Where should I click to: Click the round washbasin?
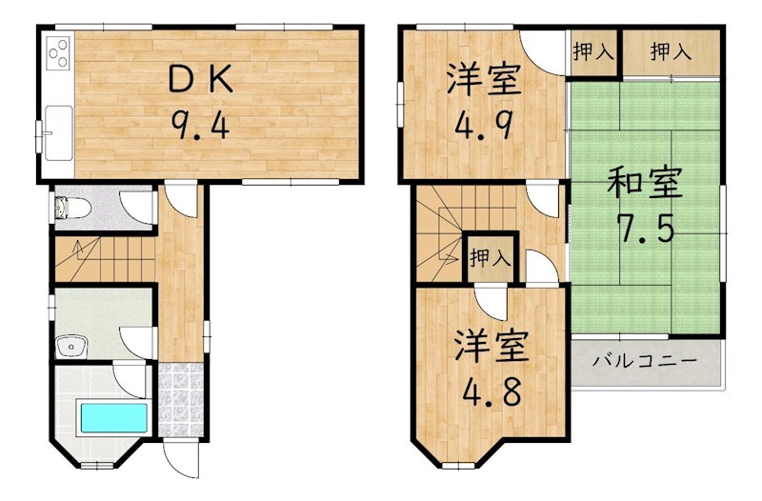[69, 347]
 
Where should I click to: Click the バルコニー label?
[645, 361]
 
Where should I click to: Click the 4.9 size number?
[484, 125]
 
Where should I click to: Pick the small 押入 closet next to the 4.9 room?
[592, 52]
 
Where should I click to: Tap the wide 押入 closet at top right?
[671, 52]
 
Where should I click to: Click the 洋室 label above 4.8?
[490, 345]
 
